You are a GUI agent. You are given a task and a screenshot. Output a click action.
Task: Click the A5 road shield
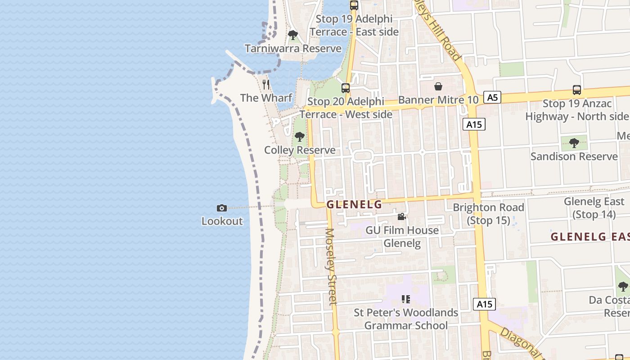click(x=493, y=97)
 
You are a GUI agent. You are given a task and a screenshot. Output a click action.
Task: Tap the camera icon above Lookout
click(x=222, y=208)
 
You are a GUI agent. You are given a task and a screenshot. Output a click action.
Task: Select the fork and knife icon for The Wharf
click(x=266, y=85)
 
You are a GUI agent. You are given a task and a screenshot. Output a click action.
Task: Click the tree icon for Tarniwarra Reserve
click(x=293, y=35)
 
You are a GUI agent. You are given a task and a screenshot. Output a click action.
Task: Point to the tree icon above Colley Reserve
click(x=299, y=137)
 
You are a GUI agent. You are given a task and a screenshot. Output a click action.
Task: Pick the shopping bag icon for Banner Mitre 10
click(x=438, y=86)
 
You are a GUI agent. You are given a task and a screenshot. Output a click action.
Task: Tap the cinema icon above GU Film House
click(x=401, y=217)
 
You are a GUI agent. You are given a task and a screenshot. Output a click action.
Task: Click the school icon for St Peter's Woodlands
click(x=406, y=299)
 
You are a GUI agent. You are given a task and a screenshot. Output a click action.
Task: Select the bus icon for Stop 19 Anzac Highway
click(x=577, y=90)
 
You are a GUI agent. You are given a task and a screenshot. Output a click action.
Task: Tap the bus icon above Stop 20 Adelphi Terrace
click(x=346, y=88)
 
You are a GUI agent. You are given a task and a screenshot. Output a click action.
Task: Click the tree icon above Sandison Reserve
click(x=574, y=143)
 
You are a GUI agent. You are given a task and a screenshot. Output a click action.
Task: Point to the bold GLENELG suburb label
click(x=354, y=205)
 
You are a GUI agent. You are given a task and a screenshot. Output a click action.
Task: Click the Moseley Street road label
click(x=331, y=266)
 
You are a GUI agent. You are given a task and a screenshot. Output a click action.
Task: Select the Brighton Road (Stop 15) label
click(x=488, y=214)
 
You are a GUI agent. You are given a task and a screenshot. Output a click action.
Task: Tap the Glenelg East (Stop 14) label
click(x=594, y=208)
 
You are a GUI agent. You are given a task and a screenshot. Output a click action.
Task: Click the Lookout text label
click(x=222, y=221)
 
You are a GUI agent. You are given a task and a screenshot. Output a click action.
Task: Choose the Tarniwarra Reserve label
click(x=293, y=48)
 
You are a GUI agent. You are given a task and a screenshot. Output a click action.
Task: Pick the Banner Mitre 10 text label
click(x=438, y=100)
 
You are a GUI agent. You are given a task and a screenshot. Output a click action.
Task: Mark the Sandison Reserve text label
click(x=574, y=157)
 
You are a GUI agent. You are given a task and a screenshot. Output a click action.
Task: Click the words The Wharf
click(x=266, y=98)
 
